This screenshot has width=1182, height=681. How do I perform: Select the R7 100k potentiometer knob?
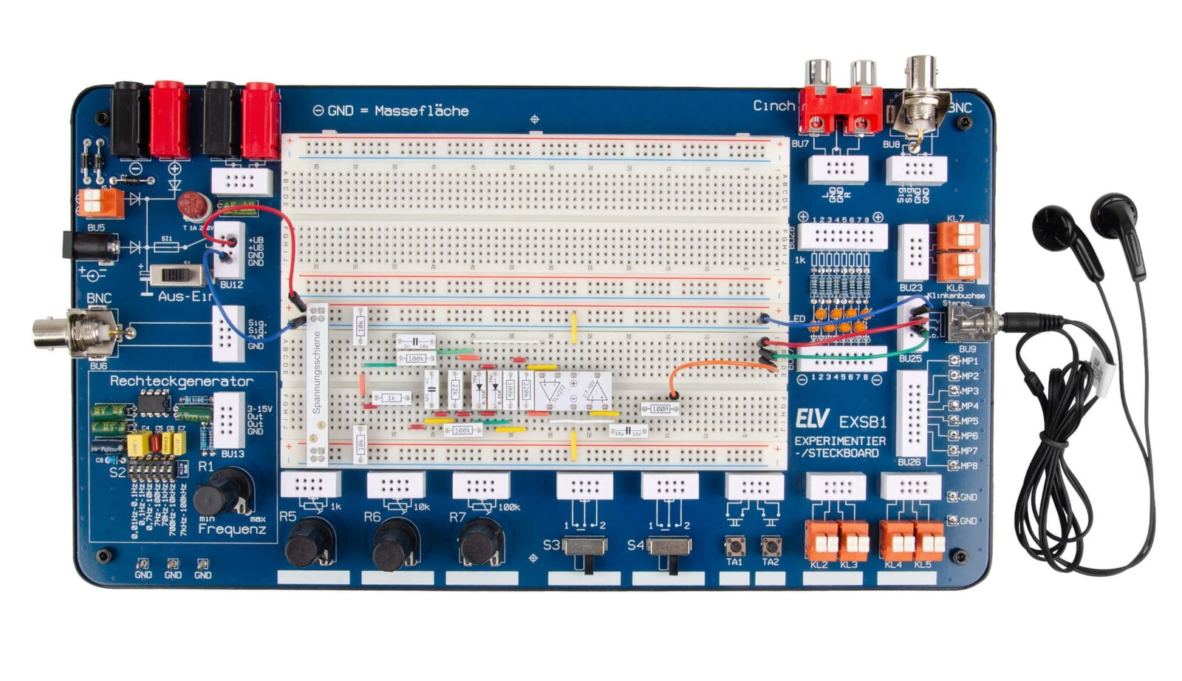480,543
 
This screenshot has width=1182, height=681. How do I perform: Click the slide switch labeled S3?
585,548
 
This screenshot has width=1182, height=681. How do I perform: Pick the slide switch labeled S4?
669,548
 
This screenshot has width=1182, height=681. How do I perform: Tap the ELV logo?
812,419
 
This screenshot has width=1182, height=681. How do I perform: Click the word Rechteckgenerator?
182,382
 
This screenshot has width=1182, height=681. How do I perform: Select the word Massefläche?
421,111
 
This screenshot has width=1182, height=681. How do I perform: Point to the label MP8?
969,466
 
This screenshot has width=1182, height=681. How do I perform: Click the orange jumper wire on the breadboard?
713,365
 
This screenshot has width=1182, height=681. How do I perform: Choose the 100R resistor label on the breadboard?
660,409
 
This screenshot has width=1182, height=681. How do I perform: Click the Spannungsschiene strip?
318,384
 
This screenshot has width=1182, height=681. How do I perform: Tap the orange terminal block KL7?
958,237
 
